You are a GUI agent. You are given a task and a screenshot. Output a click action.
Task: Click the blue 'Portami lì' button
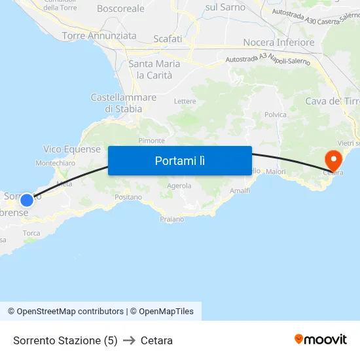coord(179,160)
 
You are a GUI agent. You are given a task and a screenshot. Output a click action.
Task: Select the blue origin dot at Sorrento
coord(26,200)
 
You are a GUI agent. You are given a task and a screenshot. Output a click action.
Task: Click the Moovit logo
coord(320,340)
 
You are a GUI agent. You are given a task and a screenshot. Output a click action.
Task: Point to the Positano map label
coord(128,197)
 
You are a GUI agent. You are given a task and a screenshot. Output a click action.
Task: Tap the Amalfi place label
coord(240,190)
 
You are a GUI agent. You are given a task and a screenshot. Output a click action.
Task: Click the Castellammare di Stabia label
coord(124,103)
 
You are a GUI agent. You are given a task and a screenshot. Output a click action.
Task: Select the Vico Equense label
coord(72,149)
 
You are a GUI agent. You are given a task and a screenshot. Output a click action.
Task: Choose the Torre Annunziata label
coord(99,36)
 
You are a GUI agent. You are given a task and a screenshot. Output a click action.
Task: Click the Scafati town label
coord(168,39)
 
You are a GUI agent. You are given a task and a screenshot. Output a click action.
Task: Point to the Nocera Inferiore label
coord(278,43)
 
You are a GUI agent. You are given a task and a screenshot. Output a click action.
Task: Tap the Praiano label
coord(171,219)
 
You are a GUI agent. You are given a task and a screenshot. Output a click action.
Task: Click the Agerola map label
coord(179,186)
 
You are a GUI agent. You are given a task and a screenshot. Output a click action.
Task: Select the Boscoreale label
coord(120,9)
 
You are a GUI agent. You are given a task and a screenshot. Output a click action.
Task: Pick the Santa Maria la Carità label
coord(154,69)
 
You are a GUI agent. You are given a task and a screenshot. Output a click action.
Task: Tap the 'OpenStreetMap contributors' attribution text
coord(70,312)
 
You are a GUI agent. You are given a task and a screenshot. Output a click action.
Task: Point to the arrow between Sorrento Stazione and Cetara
coord(129,340)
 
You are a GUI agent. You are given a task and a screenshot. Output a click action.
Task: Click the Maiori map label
coord(276,171)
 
